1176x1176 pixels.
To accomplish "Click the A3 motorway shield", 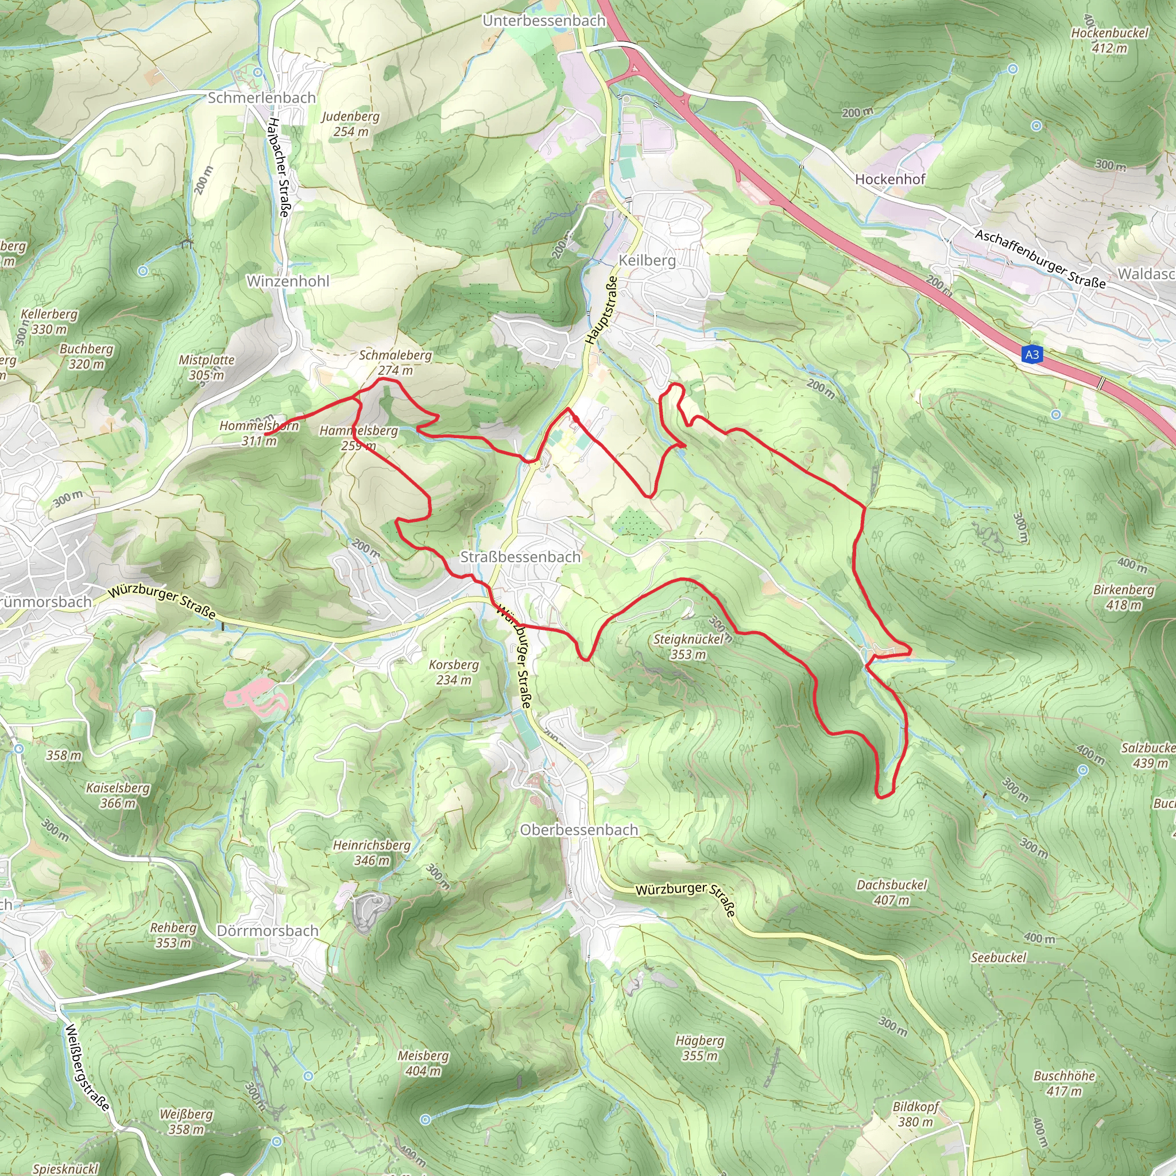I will pos(1032,354).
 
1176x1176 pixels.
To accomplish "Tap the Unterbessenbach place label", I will pos(544,21).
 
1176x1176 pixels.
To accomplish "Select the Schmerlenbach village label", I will pos(262,98).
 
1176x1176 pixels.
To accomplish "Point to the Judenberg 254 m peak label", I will pos(351,123).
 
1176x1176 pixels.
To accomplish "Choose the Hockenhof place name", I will pos(890,179).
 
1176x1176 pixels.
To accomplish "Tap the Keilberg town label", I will pos(647,261).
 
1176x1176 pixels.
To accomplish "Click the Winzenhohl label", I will pos(288,281).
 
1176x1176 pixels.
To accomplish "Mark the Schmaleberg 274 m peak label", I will pos(395,362).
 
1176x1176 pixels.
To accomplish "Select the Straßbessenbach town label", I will pos(520,557).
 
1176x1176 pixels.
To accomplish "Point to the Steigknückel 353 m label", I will pos(688,647).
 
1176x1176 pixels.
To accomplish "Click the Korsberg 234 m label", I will pos(454,672).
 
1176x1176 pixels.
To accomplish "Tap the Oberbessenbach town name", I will pos(579,830).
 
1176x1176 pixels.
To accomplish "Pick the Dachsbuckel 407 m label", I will pos(892,892).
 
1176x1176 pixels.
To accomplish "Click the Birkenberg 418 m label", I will pos(1123,597).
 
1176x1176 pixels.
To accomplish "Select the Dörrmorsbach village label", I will pos(268,931).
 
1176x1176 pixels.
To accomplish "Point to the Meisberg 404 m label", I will pos(423,1063).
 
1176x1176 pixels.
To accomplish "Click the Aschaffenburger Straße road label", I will pos(1040,259).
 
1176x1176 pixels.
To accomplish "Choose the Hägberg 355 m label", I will pos(699,1048).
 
